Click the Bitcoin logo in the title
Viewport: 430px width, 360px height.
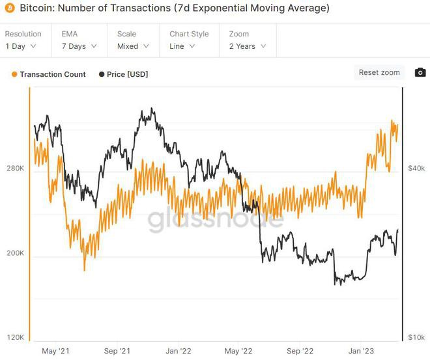point(8,9)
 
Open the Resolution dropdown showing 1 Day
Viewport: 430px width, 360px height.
point(21,46)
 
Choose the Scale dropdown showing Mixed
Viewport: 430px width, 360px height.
point(133,46)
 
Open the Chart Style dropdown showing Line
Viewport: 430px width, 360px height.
point(188,46)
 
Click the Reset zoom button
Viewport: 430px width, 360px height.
point(379,72)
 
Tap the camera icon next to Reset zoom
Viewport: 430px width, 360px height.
point(420,72)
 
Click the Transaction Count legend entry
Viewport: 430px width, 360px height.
point(49,74)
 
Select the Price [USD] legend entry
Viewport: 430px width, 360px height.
point(124,74)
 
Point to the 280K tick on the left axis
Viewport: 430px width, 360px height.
point(15,169)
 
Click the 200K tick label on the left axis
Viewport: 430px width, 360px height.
point(15,253)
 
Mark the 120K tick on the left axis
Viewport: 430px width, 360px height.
point(15,337)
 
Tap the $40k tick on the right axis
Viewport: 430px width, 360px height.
point(416,169)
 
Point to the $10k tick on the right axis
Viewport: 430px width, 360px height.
point(416,337)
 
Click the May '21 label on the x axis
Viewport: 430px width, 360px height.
point(55,351)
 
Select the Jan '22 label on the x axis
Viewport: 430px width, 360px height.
point(177,351)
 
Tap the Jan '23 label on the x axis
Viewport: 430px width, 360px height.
point(362,351)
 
